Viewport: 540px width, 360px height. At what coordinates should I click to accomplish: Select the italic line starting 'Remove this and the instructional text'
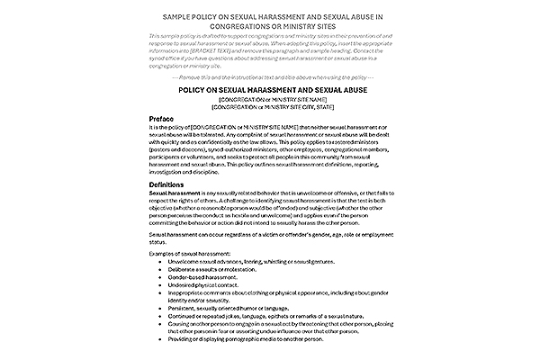270,75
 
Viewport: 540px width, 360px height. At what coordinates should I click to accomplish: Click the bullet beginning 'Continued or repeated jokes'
270,316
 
